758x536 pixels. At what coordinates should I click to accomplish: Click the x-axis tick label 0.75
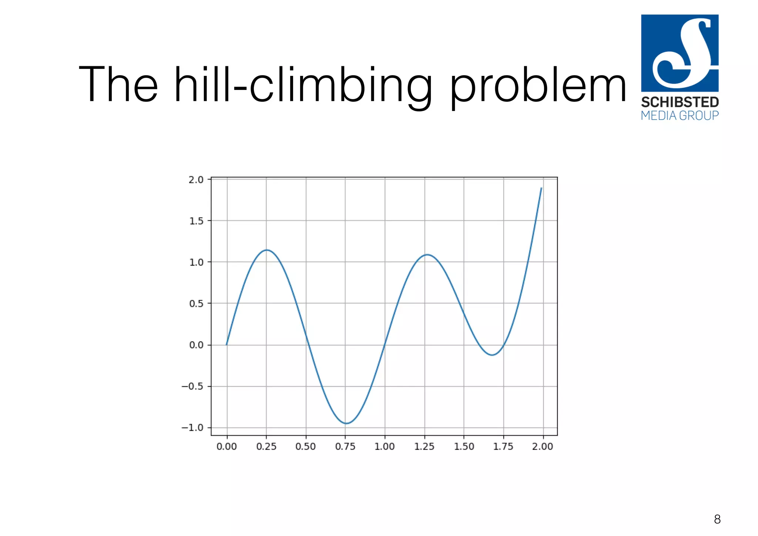(x=345, y=446)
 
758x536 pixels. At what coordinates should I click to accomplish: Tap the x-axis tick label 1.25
(x=424, y=446)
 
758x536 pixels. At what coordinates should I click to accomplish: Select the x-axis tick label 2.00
(x=543, y=446)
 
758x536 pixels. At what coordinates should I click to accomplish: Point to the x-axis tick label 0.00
(x=227, y=446)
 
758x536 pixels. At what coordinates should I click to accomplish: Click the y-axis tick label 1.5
(x=196, y=221)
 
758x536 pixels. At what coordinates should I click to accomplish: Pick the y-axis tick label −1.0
(x=192, y=428)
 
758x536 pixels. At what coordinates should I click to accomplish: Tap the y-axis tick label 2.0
(x=196, y=180)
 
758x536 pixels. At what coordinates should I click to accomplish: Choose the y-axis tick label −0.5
(x=192, y=386)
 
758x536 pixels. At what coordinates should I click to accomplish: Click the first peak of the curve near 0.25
(x=267, y=250)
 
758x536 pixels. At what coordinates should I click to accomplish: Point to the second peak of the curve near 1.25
(x=427, y=255)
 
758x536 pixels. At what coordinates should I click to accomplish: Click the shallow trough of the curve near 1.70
(x=492, y=355)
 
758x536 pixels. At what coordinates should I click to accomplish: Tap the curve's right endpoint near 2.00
(x=541, y=188)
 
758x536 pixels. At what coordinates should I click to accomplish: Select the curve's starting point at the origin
(x=227, y=345)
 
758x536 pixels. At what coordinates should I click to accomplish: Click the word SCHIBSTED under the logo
(x=680, y=102)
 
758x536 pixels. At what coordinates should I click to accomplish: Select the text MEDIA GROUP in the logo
(x=680, y=115)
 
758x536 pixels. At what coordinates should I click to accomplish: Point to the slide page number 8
(x=717, y=519)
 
